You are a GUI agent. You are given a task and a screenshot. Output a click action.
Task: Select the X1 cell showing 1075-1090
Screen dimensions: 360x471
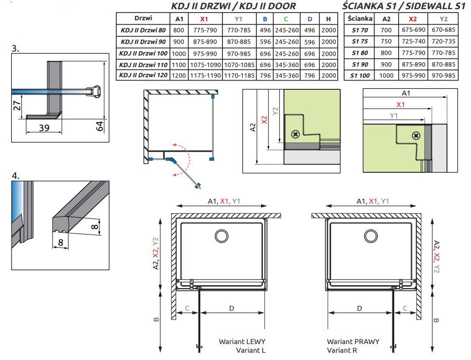point(204,65)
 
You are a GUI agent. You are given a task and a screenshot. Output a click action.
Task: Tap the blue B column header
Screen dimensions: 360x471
point(264,19)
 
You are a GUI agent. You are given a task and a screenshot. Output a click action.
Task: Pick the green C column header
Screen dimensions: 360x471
point(286,19)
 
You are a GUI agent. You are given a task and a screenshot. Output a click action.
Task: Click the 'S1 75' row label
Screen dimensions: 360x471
point(360,42)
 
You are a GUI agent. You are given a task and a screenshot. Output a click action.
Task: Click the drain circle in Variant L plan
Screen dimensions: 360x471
point(222,236)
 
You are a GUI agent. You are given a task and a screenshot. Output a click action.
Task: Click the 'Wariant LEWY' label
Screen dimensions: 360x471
point(242,342)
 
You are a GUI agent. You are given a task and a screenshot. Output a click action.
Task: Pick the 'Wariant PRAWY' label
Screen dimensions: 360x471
point(353,342)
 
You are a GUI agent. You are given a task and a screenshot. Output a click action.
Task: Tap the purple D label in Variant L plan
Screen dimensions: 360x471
point(231,307)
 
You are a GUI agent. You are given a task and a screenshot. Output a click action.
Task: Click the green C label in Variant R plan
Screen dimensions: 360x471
point(405,307)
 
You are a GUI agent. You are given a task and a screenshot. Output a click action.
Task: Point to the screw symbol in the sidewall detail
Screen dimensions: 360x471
point(415,136)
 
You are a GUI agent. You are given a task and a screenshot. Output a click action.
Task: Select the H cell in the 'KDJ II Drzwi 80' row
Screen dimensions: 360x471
point(328,30)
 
